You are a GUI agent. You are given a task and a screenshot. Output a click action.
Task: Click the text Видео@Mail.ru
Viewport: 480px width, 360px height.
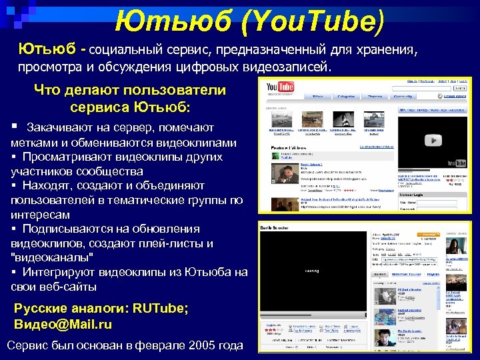tap(63, 324)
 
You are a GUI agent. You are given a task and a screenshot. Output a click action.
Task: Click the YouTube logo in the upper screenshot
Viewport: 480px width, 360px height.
tap(279, 87)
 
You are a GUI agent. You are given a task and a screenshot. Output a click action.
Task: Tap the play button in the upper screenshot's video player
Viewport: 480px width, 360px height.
tap(434, 140)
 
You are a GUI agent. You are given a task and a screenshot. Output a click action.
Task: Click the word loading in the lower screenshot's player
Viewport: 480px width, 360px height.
tap(312, 271)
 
